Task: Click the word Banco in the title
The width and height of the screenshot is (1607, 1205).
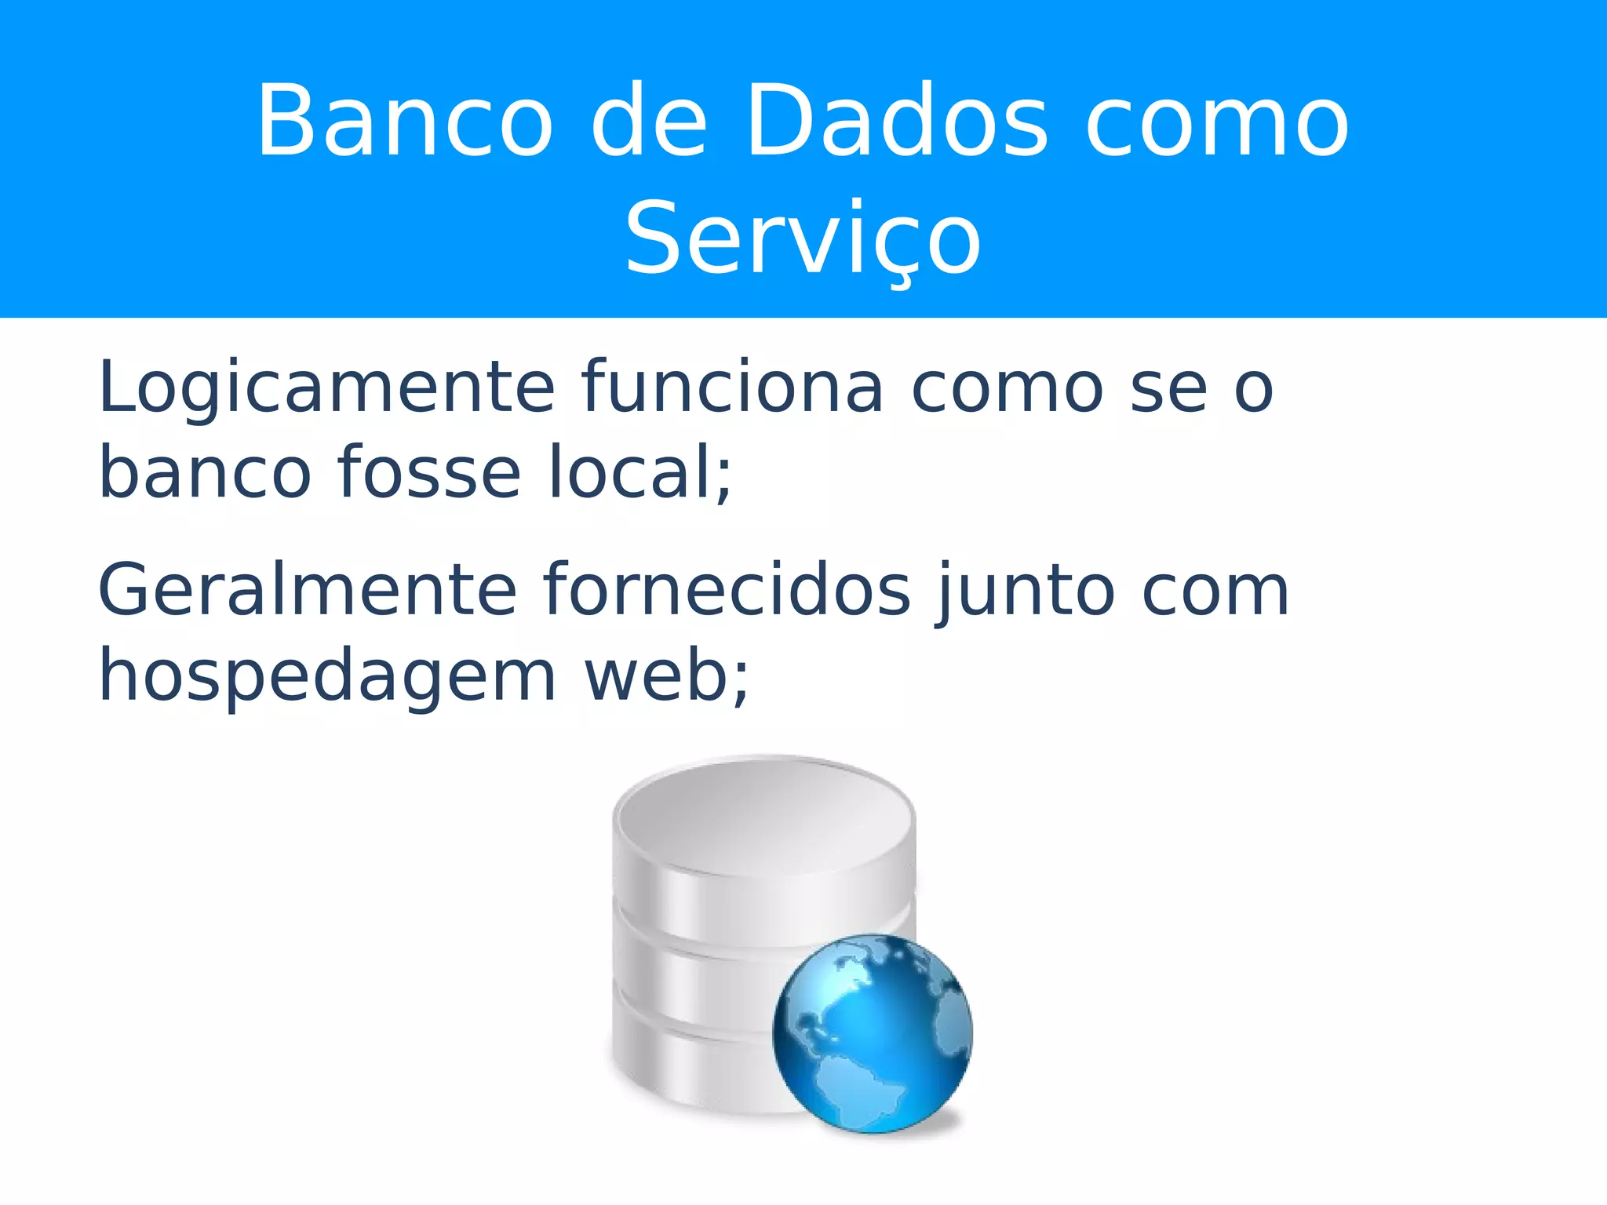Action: click(x=405, y=122)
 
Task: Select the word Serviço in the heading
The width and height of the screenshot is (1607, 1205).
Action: click(x=803, y=239)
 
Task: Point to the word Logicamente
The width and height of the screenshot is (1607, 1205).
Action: click(x=326, y=388)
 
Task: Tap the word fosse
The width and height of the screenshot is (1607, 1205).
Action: click(x=429, y=473)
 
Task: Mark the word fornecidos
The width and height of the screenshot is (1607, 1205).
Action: click(x=727, y=590)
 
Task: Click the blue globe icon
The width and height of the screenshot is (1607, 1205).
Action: click(x=873, y=1034)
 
